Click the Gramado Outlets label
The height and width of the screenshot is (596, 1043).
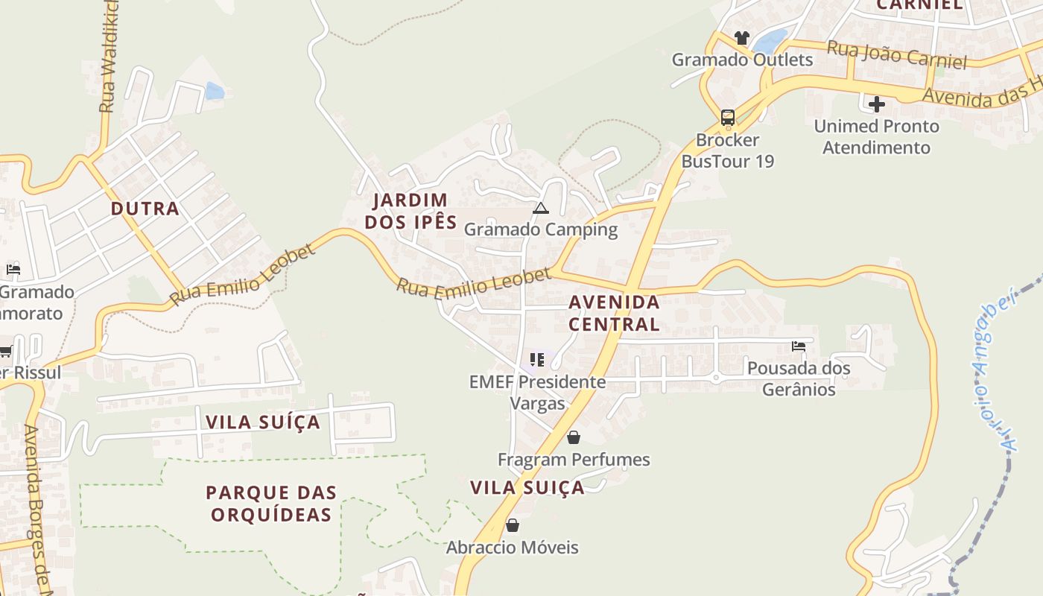pyautogui.click(x=742, y=60)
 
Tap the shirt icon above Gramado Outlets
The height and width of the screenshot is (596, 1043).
pyautogui.click(x=741, y=37)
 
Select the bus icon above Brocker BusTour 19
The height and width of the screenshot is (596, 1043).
pyautogui.click(x=727, y=118)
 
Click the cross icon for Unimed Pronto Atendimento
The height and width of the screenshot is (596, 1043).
pyautogui.click(x=876, y=104)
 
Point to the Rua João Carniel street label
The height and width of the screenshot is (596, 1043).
pyautogui.click(x=897, y=54)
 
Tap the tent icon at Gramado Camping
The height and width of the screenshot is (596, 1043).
pyautogui.click(x=541, y=208)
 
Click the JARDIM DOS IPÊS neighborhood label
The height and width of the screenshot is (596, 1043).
pyautogui.click(x=410, y=211)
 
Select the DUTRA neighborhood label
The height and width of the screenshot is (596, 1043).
pyautogui.click(x=145, y=209)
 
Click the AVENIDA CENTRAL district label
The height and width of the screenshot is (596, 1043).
pyautogui.click(x=615, y=313)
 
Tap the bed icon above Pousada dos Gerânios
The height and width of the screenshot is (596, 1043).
pyautogui.click(x=799, y=346)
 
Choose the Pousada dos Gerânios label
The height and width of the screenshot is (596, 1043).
pyautogui.click(x=799, y=378)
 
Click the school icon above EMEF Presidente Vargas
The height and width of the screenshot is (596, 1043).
pyautogui.click(x=537, y=361)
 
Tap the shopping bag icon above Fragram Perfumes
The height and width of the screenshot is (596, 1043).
pyautogui.click(x=574, y=437)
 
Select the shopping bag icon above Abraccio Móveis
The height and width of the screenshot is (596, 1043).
pyautogui.click(x=512, y=525)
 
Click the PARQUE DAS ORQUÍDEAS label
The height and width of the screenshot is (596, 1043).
pyautogui.click(x=271, y=503)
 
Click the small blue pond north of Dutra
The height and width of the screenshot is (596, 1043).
pyautogui.click(x=215, y=91)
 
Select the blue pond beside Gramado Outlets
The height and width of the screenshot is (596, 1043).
pyautogui.click(x=772, y=41)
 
